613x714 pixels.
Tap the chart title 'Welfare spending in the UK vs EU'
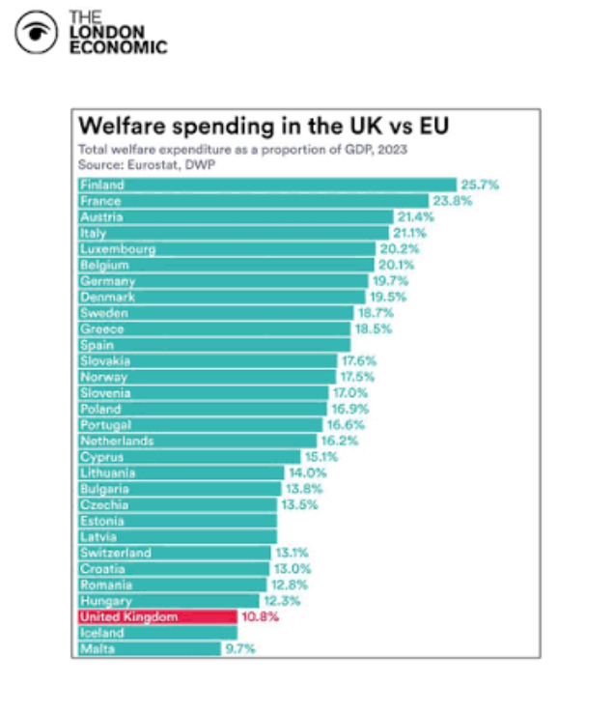tap(263, 127)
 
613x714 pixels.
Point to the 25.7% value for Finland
tap(480, 185)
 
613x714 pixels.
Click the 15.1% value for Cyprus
tap(322, 457)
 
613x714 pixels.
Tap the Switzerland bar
tap(174, 553)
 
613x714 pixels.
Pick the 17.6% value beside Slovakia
tap(359, 361)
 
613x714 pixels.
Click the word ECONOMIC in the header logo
tap(118, 47)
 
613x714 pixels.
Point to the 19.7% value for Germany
tap(390, 281)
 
